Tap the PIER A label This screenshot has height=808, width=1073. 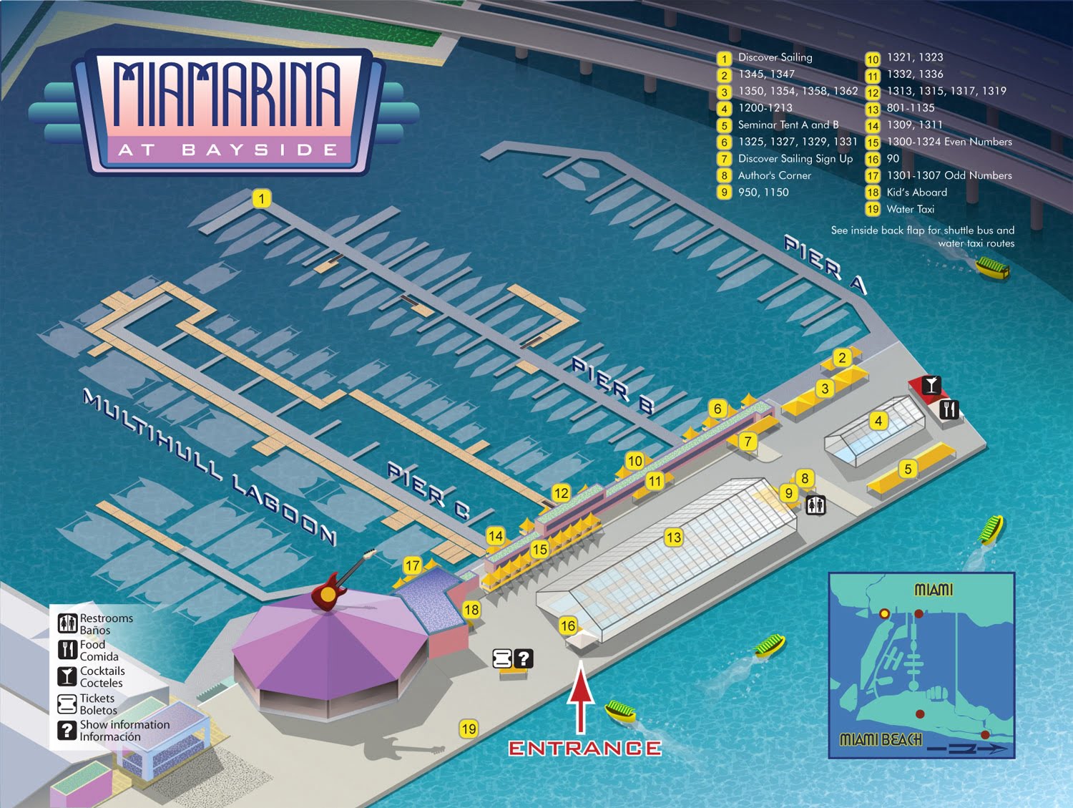pyautogui.click(x=825, y=263)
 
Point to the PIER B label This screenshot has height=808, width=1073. pyautogui.click(x=612, y=385)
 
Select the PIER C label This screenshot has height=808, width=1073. pyautogui.click(x=428, y=490)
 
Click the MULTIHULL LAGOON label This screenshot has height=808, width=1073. pyautogui.click(x=209, y=467)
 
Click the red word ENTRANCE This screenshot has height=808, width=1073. pyautogui.click(x=584, y=748)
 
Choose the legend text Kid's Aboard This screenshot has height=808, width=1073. pyautogui.click(x=916, y=192)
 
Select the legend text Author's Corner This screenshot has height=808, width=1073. pyautogui.click(x=774, y=175)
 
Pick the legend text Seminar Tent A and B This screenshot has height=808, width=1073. pyautogui.click(x=788, y=125)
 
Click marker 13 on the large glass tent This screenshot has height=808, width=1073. pyautogui.click(x=673, y=537)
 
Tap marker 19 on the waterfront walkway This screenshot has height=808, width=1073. pyautogui.click(x=469, y=729)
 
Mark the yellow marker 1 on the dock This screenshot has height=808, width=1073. pyautogui.click(x=262, y=198)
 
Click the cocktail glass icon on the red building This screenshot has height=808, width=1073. pyautogui.click(x=930, y=385)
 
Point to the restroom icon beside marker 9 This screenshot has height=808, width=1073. pyautogui.click(x=815, y=505)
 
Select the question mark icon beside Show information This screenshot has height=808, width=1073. pyautogui.click(x=67, y=730)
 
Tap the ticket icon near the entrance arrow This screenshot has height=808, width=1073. pyautogui.click(x=503, y=658)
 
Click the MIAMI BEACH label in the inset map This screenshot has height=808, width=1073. pyautogui.click(x=880, y=739)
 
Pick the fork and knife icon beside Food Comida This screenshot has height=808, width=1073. pyautogui.click(x=67, y=650)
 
